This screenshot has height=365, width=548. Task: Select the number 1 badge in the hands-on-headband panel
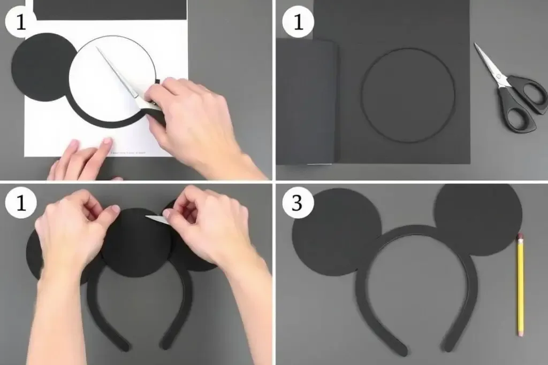point(20,204)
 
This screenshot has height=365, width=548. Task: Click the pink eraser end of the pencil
point(520,332)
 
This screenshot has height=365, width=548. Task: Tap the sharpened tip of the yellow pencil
point(519,235)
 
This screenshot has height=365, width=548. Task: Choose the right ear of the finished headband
point(477,219)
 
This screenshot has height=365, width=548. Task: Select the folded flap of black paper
point(306,102)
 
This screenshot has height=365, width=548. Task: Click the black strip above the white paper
point(110,9)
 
